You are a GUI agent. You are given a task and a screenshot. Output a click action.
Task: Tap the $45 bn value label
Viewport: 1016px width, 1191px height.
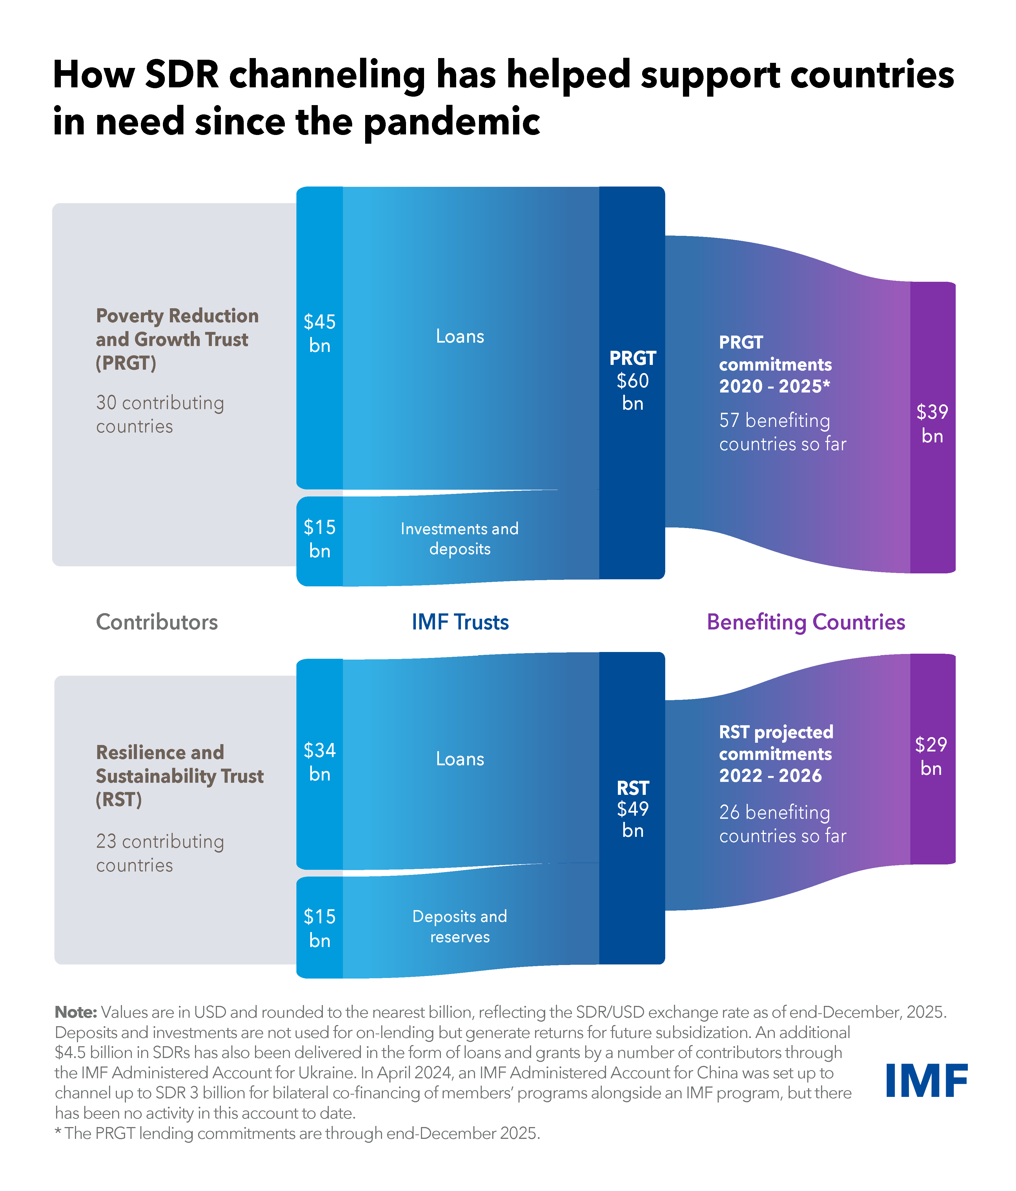pos(320,333)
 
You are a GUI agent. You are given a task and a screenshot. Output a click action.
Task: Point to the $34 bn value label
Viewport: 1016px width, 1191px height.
pos(320,762)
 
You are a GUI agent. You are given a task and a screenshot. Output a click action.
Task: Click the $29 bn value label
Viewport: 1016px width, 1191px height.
pos(931,756)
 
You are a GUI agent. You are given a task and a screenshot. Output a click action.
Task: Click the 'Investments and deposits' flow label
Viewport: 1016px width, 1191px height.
pos(460,539)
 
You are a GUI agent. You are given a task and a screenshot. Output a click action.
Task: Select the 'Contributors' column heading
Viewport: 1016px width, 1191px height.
pos(157,622)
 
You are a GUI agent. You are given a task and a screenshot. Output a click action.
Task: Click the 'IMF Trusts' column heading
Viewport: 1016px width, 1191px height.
pos(460,622)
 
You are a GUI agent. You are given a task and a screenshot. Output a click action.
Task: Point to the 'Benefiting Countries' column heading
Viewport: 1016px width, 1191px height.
pos(806,622)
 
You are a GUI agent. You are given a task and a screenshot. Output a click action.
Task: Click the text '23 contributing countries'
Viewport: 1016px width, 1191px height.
pos(160,853)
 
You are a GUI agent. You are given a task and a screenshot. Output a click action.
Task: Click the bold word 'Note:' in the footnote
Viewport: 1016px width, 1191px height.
pos(76,1012)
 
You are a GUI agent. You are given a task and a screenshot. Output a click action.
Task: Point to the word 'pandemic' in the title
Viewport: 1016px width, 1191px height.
pos(452,122)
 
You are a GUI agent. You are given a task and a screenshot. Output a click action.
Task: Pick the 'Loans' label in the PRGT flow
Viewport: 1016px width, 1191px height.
pos(460,336)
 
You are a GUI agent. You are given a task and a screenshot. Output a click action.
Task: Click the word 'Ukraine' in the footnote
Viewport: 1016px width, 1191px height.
pos(325,1073)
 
